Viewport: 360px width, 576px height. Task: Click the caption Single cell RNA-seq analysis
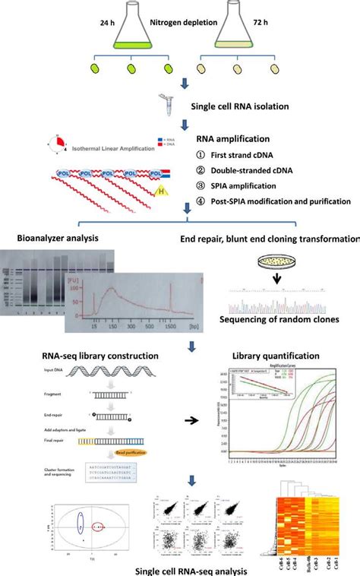(x=180, y=567)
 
